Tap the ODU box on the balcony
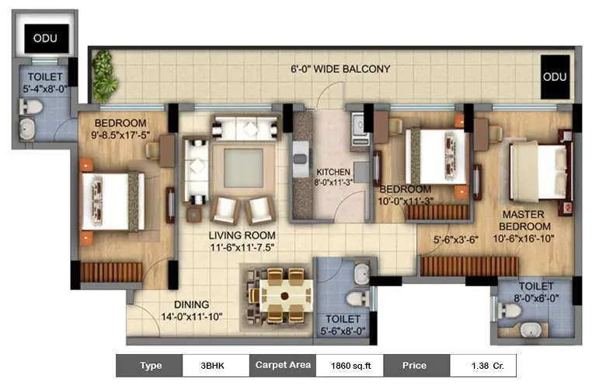[555, 76]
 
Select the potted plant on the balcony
[104, 76]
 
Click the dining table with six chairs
[284, 295]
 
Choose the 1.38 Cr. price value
[484, 365]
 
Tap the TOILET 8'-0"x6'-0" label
[535, 292]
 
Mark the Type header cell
[151, 365]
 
